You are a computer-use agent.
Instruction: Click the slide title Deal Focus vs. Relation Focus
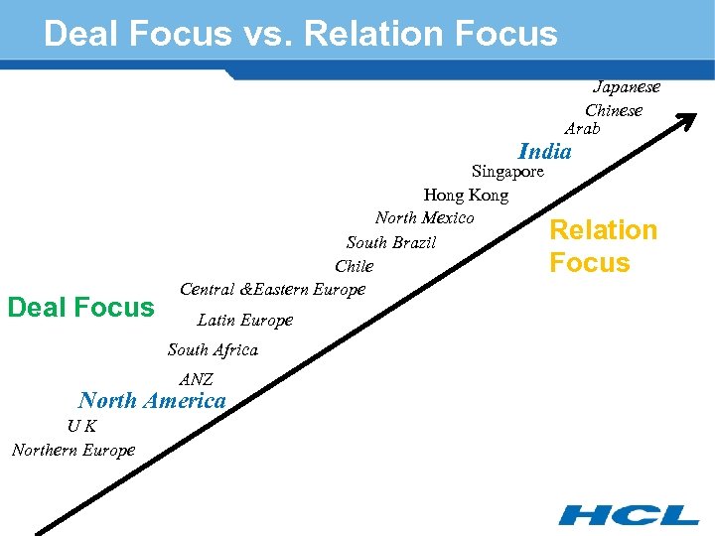(301, 34)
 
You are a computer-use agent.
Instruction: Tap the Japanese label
(627, 86)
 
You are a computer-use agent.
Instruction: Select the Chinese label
(614, 110)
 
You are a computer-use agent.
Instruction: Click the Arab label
(582, 129)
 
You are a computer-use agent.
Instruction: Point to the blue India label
(545, 152)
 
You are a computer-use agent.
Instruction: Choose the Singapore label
(507, 172)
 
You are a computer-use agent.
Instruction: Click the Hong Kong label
(466, 196)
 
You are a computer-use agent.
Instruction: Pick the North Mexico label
(425, 218)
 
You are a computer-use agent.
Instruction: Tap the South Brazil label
(391, 243)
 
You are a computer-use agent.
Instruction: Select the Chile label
(355, 267)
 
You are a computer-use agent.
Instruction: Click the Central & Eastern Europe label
(273, 290)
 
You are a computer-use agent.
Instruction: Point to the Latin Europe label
(245, 321)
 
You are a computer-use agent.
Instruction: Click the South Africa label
(213, 350)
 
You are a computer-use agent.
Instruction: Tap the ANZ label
(197, 380)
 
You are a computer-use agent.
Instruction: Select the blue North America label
(152, 401)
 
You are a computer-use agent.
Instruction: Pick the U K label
(81, 427)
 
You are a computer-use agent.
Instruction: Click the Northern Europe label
(73, 451)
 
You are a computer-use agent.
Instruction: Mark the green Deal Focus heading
(80, 308)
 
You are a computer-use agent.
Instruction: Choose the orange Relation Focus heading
(604, 246)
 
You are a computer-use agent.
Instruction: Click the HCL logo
(629, 514)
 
